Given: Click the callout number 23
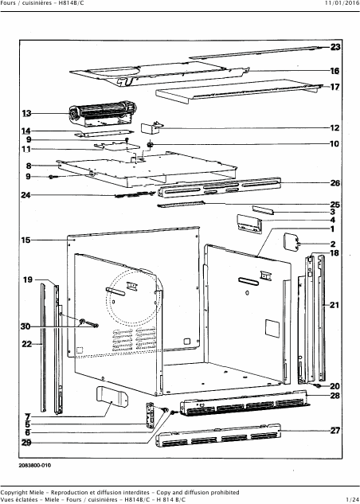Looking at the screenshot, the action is (x=335, y=47).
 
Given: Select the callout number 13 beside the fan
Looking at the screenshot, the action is (x=26, y=114).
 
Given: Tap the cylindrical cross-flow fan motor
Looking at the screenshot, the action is (x=103, y=114).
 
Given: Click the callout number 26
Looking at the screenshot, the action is (x=335, y=183).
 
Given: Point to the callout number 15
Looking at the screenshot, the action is (x=26, y=240).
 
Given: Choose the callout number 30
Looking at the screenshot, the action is (x=25, y=327).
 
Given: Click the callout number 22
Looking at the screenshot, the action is (x=27, y=344).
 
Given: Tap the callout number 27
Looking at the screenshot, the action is (x=335, y=431).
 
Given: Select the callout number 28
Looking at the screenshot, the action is (x=335, y=396).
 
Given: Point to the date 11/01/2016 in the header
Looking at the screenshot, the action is (x=342, y=3).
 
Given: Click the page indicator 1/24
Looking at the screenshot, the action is (x=353, y=499).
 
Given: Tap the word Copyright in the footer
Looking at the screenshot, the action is (x=14, y=492).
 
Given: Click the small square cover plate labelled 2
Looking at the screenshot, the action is (x=290, y=243).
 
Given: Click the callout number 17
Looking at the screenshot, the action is (x=335, y=87).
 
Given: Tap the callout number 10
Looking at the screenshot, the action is (x=335, y=143).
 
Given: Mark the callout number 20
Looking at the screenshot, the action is (x=335, y=386).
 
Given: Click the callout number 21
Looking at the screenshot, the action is (x=335, y=305).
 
